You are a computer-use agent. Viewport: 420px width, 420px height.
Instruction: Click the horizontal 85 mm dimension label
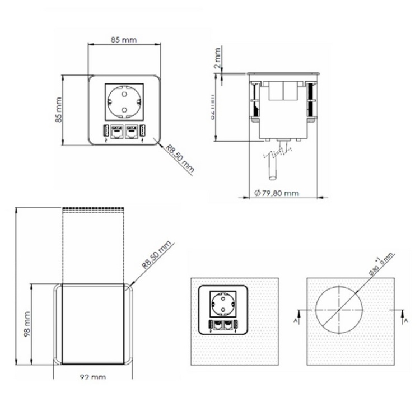124,40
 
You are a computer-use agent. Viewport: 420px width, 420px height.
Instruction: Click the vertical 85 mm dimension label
58,110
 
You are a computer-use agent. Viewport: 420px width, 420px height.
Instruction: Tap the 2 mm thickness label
217,58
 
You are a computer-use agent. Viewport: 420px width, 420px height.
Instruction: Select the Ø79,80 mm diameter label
276,193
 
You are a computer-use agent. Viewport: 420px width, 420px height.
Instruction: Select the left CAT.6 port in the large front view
117,132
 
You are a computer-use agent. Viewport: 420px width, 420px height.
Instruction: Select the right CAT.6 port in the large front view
132,132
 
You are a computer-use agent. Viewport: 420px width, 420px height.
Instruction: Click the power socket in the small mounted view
223,305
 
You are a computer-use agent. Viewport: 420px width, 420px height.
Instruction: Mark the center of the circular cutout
338,309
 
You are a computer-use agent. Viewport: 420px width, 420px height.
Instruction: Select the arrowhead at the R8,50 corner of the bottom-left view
132,284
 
